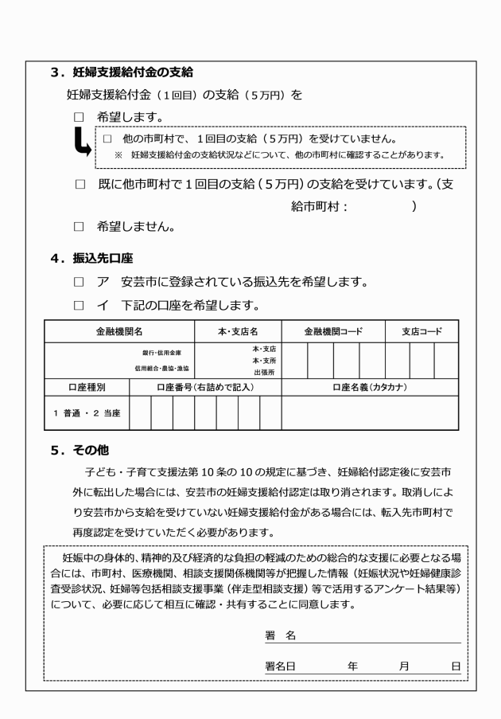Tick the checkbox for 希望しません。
(78, 227)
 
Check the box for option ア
(78, 281)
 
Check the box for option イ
(78, 305)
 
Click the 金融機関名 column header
(118, 331)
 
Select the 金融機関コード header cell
(333, 331)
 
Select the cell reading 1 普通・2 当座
(86, 412)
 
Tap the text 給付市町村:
(322, 205)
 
